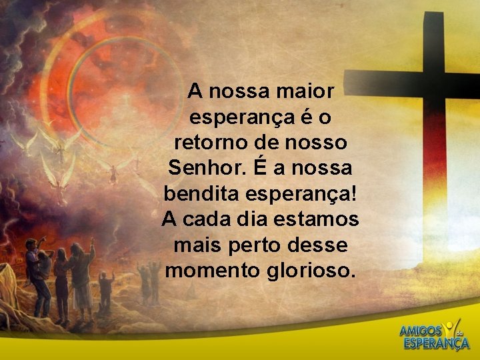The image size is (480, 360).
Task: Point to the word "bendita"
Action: click(198, 193)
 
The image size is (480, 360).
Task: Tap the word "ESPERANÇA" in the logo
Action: click(435, 344)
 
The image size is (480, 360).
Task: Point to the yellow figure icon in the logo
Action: click(453, 327)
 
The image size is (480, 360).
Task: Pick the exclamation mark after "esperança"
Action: click(353, 193)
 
